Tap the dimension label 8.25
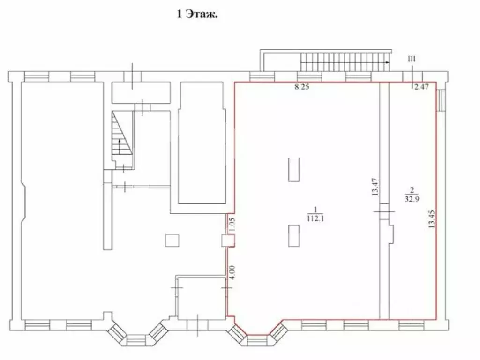click(302, 87)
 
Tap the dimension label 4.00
click(231, 273)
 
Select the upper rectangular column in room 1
click(294, 170)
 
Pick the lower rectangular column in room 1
click(294, 235)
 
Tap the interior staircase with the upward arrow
click(121, 137)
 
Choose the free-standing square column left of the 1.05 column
click(172, 240)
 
